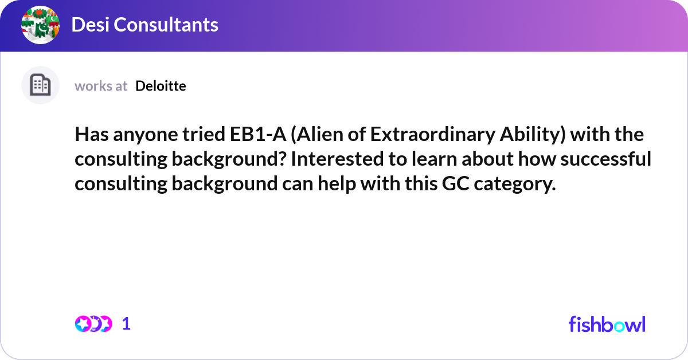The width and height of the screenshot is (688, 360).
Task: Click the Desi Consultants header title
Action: (144, 25)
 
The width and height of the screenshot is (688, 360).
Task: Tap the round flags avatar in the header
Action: (41, 25)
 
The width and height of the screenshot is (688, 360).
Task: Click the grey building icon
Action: (40, 85)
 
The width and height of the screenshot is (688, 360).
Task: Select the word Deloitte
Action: (161, 86)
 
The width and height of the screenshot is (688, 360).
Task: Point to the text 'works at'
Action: (101, 86)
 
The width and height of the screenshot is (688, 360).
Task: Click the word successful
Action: (606, 159)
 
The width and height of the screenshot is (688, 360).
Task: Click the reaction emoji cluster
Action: (93, 324)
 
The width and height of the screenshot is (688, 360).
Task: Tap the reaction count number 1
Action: (126, 324)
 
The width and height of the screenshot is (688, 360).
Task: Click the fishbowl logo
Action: (607, 324)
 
